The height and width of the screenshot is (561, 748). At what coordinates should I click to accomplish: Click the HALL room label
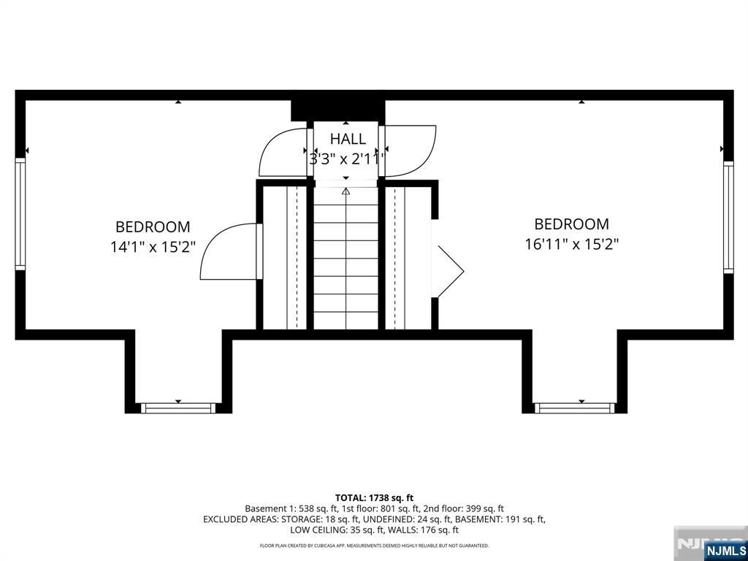click(347, 139)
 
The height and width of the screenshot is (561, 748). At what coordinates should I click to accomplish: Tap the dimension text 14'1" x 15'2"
click(153, 247)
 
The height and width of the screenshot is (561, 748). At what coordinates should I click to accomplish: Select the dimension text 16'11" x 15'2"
click(572, 244)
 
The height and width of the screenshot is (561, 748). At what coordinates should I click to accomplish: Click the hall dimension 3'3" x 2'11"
click(346, 159)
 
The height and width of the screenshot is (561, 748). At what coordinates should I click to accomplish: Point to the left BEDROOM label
click(153, 227)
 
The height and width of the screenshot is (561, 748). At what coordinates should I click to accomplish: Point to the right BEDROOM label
click(571, 224)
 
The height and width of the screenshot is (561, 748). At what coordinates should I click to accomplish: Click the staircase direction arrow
click(346, 191)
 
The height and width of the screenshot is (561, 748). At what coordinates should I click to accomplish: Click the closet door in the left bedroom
click(230, 252)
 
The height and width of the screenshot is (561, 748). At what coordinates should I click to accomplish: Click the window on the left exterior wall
click(20, 215)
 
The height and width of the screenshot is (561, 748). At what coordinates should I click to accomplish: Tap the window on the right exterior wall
click(728, 217)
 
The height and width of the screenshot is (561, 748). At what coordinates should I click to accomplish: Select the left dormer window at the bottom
click(178, 408)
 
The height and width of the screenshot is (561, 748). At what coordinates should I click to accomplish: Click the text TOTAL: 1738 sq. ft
click(374, 497)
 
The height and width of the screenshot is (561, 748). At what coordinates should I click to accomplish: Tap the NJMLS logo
click(725, 550)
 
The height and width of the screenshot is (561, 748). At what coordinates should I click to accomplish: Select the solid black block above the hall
click(337, 110)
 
